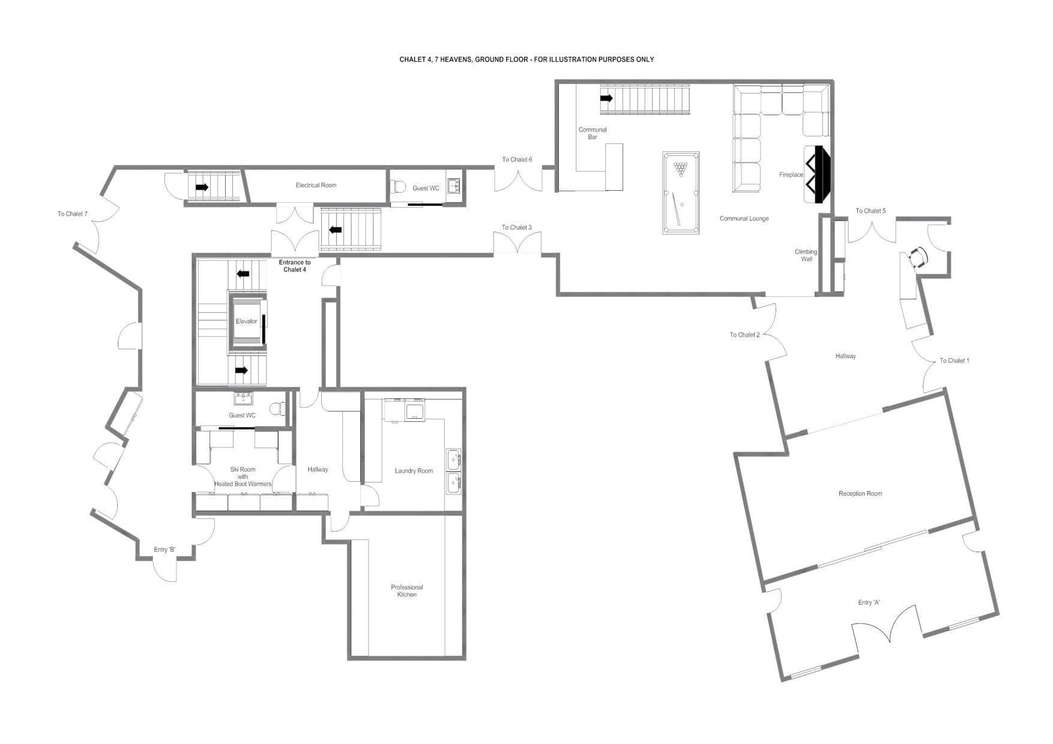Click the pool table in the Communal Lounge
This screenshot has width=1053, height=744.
point(681,193)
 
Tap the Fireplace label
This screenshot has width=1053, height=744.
point(791,175)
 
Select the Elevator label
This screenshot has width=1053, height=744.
point(246,322)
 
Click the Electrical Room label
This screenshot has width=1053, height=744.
point(316,185)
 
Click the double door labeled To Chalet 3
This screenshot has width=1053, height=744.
point(517,244)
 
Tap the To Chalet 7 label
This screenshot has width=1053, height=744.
point(73,214)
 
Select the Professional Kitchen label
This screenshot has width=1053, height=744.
point(406,591)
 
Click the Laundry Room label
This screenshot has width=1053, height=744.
point(414,471)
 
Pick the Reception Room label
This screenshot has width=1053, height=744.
point(860,494)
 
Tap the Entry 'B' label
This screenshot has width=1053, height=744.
point(164,550)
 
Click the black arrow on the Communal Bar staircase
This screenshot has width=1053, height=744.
point(606,98)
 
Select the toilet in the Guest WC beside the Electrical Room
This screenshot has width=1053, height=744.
point(399,187)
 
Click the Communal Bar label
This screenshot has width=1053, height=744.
point(593,133)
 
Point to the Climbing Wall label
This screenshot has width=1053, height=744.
point(806,256)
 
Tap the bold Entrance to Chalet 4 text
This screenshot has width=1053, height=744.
point(295,266)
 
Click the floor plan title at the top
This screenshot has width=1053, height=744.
point(526,59)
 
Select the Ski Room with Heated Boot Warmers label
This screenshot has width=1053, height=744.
point(243,477)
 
